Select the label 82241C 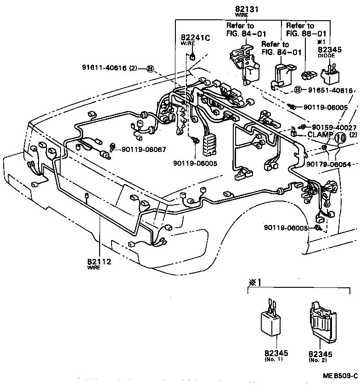click(195, 38)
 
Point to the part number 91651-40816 click(330, 90)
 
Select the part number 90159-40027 click(334, 127)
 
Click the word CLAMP click(315, 135)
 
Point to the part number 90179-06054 click(329, 164)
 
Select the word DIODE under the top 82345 click(326, 55)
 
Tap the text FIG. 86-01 click(306, 34)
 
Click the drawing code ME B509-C click(340, 375)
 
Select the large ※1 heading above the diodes click(254, 282)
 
